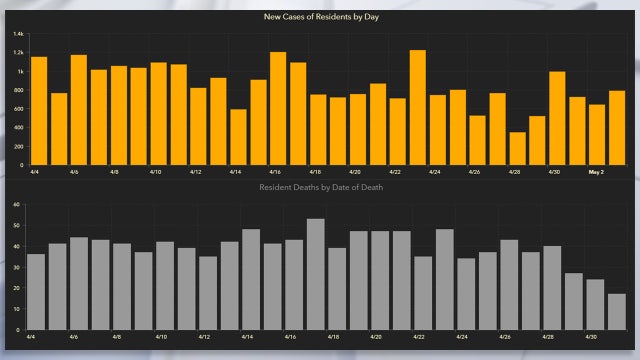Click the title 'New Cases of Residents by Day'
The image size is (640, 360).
click(x=319, y=17)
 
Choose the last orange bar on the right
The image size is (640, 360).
click(x=617, y=127)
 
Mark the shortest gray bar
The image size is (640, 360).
click(x=617, y=311)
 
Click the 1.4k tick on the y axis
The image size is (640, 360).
click(x=19, y=34)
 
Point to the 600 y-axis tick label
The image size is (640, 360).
click(x=19, y=109)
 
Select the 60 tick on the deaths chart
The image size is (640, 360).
click(x=17, y=204)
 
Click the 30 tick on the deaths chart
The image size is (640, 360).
click(x=17, y=267)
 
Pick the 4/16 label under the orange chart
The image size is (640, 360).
click(x=275, y=172)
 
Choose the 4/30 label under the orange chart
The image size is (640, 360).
click(x=555, y=172)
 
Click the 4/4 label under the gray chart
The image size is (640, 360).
click(x=31, y=337)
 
